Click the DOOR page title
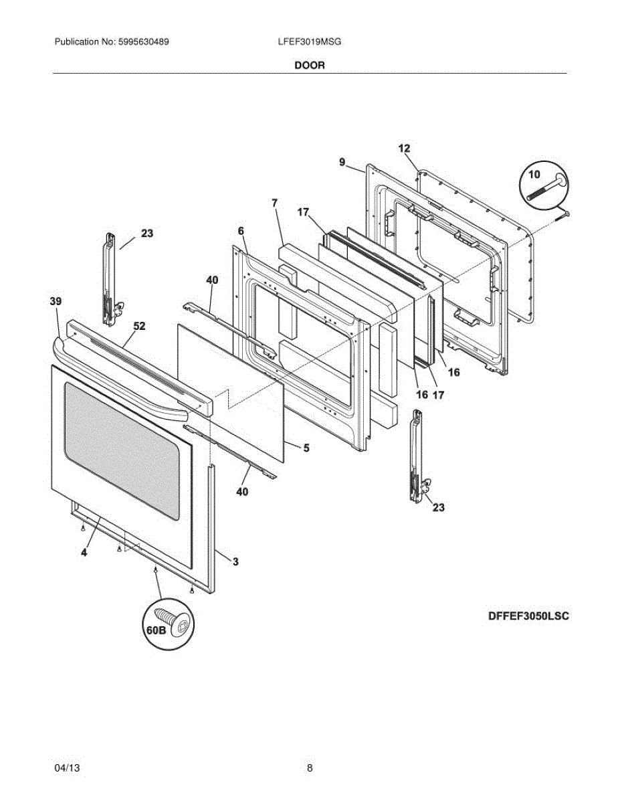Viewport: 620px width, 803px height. (x=310, y=66)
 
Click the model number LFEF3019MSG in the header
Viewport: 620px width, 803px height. (x=310, y=41)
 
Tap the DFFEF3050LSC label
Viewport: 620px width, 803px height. (x=528, y=616)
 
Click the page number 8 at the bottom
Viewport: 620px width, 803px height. (x=310, y=768)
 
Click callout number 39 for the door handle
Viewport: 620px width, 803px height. (x=56, y=302)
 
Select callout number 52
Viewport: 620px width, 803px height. (x=139, y=327)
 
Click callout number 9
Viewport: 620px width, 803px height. (x=342, y=162)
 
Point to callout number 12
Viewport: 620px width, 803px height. (x=404, y=149)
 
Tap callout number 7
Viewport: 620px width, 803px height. (x=275, y=202)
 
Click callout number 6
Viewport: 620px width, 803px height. (x=241, y=230)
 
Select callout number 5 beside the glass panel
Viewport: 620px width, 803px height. (x=306, y=448)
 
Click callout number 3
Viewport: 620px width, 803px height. (x=235, y=561)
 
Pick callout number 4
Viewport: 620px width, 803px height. (x=84, y=553)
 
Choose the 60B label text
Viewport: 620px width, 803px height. (x=155, y=631)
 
